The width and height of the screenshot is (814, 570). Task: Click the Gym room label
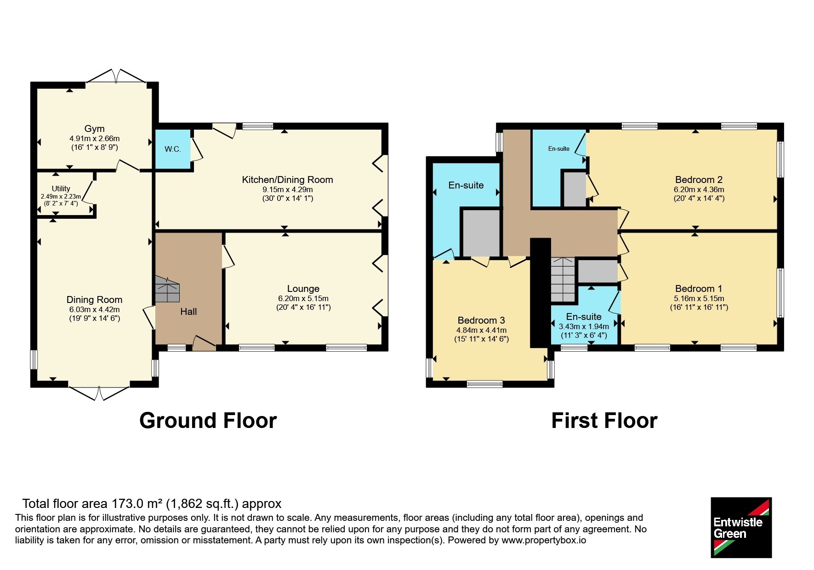[94, 129]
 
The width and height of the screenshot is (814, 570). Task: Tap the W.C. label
[173, 149]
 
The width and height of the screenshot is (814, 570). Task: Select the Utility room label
[61, 188]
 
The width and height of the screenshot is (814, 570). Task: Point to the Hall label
[188, 312]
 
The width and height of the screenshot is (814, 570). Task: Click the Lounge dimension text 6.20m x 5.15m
[303, 298]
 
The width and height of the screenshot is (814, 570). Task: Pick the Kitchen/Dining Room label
[287, 180]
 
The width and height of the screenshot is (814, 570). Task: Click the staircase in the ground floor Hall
[167, 289]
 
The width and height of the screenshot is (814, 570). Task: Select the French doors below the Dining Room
[99, 393]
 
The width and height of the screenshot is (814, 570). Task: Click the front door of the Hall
[204, 343]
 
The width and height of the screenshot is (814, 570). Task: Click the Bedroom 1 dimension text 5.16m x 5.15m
[699, 298]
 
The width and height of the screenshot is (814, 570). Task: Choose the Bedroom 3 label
[481, 320]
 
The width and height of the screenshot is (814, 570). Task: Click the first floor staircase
[563, 279]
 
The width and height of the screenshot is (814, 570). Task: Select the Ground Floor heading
[208, 421]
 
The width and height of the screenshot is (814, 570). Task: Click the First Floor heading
[604, 421]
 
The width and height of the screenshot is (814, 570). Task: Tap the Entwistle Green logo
[741, 528]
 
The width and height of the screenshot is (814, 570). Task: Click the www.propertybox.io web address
[544, 541]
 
